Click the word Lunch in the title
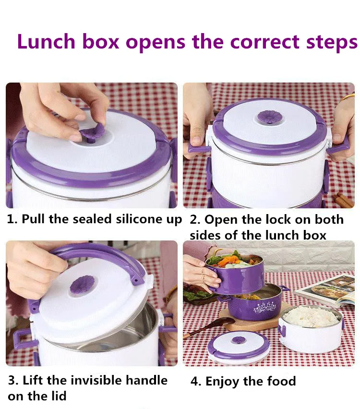pyautogui.click(x=46, y=41)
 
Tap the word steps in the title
pyautogui.click(x=332, y=43)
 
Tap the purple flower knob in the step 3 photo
pyautogui.click(x=82, y=286)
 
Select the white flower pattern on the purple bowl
pyautogui.click(x=265, y=307)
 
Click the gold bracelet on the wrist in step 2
pyautogui.click(x=348, y=97)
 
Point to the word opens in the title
pyautogui.click(x=156, y=43)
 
